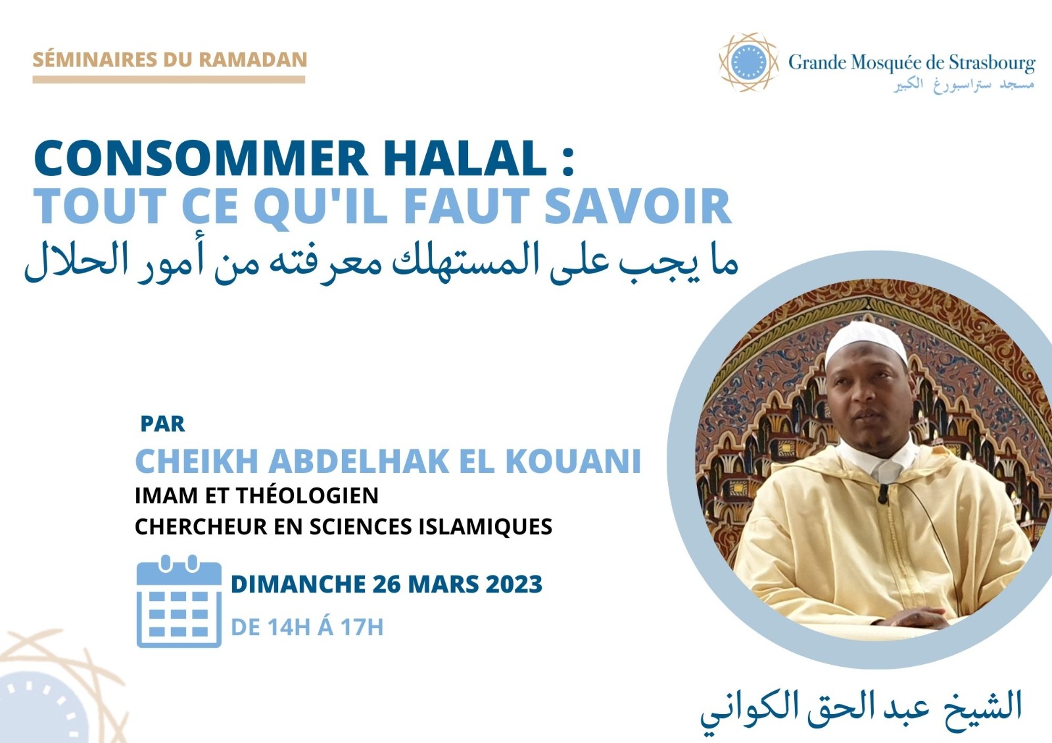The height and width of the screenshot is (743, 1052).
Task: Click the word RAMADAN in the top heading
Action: coord(253,60)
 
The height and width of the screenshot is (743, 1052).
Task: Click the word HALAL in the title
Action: coord(464,157)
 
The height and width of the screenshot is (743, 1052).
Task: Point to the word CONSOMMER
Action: coord(201,157)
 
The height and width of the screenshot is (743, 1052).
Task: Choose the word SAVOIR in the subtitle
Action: coord(637,206)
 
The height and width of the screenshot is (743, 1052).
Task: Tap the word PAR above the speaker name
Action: coord(162,424)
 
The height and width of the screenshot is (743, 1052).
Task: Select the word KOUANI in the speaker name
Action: coord(573,461)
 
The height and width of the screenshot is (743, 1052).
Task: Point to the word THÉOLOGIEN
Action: coord(307,495)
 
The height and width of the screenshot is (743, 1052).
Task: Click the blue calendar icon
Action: coord(179,601)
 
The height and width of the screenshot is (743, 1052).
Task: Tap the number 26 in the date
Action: coord(387,585)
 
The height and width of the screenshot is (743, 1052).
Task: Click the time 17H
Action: coord(362,627)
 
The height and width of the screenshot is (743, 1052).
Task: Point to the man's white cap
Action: coord(867,341)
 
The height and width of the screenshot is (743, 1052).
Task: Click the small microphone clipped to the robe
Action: coord(884,493)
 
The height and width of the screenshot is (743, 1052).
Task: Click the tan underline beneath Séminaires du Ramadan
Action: coord(168,79)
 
